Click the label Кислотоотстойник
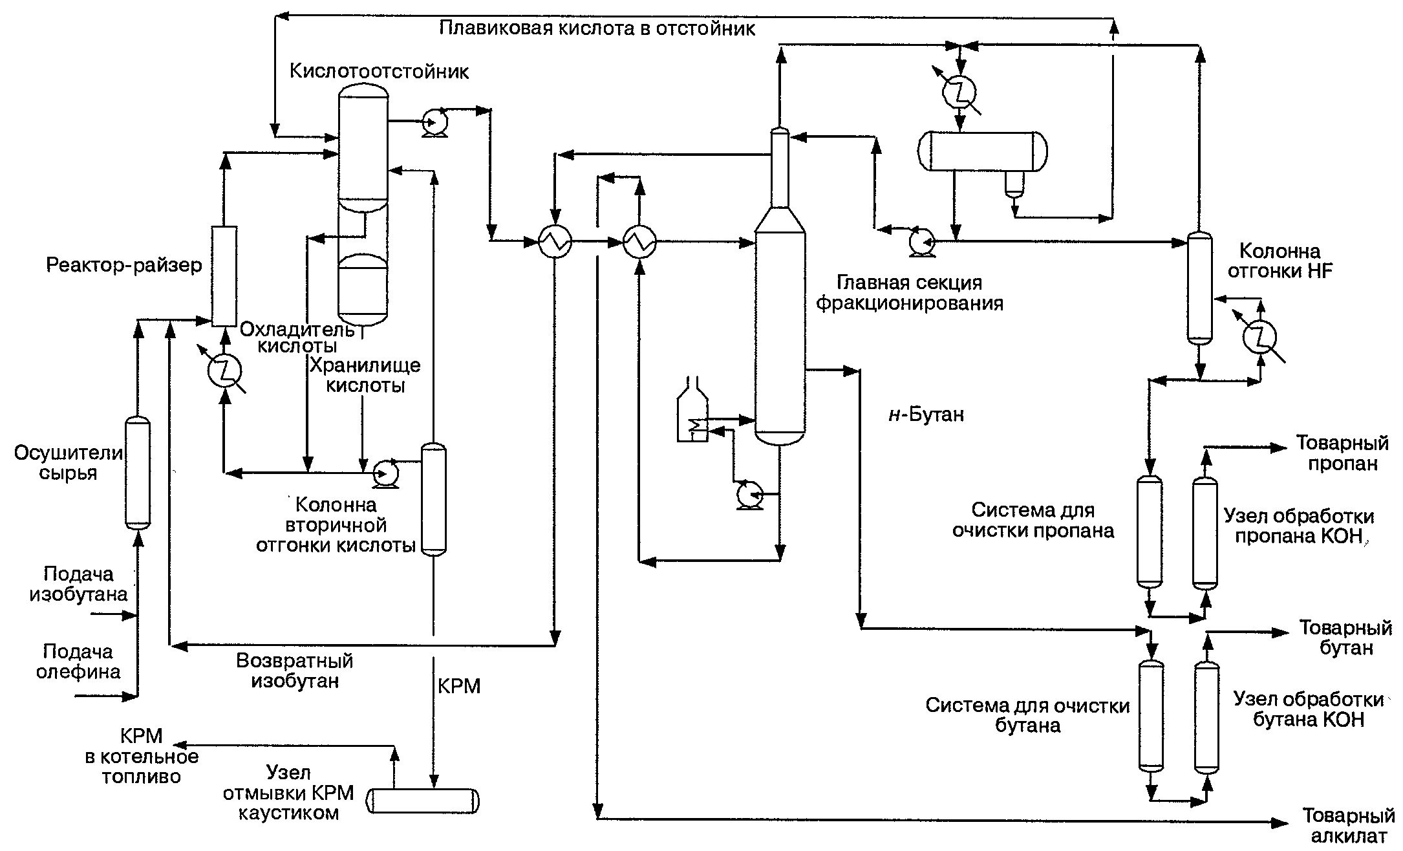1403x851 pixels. point(379,71)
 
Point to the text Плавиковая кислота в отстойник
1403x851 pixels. point(597,29)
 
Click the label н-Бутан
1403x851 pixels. point(926,414)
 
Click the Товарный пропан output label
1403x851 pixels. point(1342,453)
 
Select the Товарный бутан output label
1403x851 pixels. point(1345,638)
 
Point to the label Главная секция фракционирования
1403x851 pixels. point(910,293)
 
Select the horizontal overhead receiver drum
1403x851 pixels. point(983,151)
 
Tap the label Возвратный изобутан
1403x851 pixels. point(295,671)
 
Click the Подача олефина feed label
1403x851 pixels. point(78,661)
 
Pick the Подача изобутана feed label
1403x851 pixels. point(78,583)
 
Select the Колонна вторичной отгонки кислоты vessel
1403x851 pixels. point(434,499)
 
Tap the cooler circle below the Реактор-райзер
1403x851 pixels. point(224,371)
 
